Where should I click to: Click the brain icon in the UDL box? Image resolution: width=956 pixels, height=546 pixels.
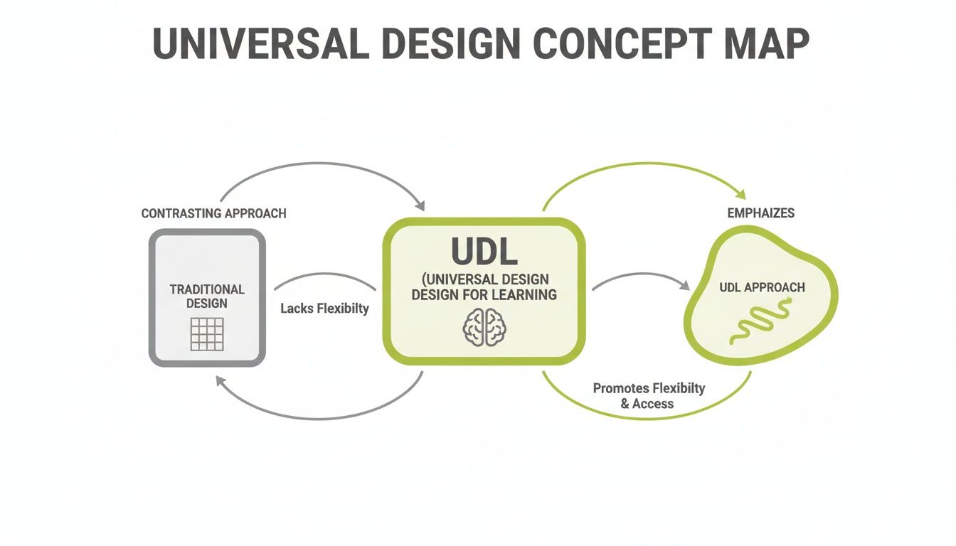point(484,328)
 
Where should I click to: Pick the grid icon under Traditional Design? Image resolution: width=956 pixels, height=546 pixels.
point(207,333)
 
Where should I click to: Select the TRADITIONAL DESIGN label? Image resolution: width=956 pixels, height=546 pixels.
point(207,296)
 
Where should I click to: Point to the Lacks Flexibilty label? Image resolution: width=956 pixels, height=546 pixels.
point(324,309)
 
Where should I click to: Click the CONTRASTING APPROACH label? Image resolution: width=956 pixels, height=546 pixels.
point(213,213)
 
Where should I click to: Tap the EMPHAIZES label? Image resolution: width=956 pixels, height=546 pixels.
point(761,213)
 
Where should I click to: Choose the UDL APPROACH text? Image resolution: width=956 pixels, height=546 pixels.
point(762,287)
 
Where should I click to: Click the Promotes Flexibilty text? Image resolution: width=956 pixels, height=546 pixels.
point(649,388)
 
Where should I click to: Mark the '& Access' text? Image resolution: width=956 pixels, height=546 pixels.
point(647,404)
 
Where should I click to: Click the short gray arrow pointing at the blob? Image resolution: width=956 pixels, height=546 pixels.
point(640,279)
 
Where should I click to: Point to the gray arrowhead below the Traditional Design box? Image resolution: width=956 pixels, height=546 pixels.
point(221,381)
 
